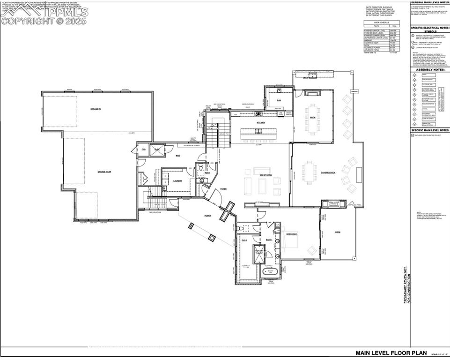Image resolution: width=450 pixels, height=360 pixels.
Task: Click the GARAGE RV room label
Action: [97, 109]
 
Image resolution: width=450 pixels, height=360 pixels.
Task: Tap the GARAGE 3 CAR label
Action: [104, 172]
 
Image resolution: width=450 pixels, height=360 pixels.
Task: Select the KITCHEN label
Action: [261, 123]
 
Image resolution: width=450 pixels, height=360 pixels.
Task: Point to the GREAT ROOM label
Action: [266, 175]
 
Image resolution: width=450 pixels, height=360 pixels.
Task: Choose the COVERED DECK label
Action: [328, 172]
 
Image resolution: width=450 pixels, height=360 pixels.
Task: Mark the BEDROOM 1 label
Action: [292, 233]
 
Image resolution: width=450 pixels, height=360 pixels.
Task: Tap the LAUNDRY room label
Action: [177, 180]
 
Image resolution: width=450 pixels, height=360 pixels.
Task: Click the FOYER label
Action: [223, 189]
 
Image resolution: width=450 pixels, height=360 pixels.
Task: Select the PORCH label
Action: [208, 216]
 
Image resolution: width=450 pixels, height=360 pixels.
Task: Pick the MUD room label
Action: [178, 156]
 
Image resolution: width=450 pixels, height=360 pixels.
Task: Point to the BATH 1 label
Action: [269, 240]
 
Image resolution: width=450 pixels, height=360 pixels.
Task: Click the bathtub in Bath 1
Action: [270, 271]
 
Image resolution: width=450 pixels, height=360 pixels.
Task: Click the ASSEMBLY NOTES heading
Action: [429, 69]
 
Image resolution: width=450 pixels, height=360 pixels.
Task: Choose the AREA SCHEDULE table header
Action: [381, 22]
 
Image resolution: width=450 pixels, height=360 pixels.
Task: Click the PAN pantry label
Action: [279, 100]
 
